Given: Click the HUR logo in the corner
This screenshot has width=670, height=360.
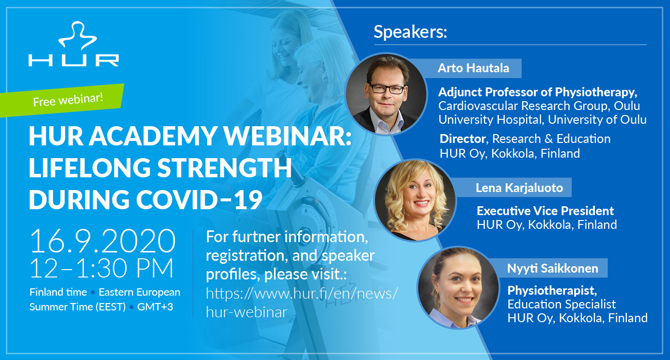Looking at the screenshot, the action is click(74, 44).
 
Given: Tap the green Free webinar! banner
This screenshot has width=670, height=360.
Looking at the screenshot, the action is click(62, 100).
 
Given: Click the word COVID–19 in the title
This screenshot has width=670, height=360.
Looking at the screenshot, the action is click(199, 199).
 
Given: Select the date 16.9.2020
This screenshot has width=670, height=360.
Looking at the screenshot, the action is click(102, 241).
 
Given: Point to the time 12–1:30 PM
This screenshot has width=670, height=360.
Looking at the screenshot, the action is click(102, 268).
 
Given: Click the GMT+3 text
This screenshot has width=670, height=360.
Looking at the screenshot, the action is click(155, 307).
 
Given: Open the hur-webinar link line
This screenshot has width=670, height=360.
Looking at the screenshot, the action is click(246, 312).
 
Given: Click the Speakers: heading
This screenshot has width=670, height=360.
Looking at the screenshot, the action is click(410, 32).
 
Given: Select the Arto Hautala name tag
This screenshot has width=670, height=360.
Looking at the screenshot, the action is click(473, 68).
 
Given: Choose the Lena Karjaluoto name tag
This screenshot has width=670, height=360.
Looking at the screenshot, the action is click(519, 188).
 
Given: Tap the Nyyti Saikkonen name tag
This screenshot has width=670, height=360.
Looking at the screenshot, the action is click(553, 268).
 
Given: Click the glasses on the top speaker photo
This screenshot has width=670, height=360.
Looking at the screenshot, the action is click(387, 88).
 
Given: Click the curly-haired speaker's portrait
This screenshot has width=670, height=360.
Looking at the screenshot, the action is click(415, 200).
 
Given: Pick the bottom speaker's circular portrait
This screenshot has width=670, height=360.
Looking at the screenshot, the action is click(458, 287).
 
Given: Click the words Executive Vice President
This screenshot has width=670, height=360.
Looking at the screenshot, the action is click(545, 211).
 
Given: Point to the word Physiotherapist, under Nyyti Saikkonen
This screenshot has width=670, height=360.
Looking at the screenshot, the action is click(552, 291).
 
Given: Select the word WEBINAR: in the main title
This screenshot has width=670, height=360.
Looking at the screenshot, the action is click(288, 136).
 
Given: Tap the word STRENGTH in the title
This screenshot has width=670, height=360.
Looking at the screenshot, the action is click(224, 167).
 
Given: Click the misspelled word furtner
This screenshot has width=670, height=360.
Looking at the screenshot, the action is click(257, 237).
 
